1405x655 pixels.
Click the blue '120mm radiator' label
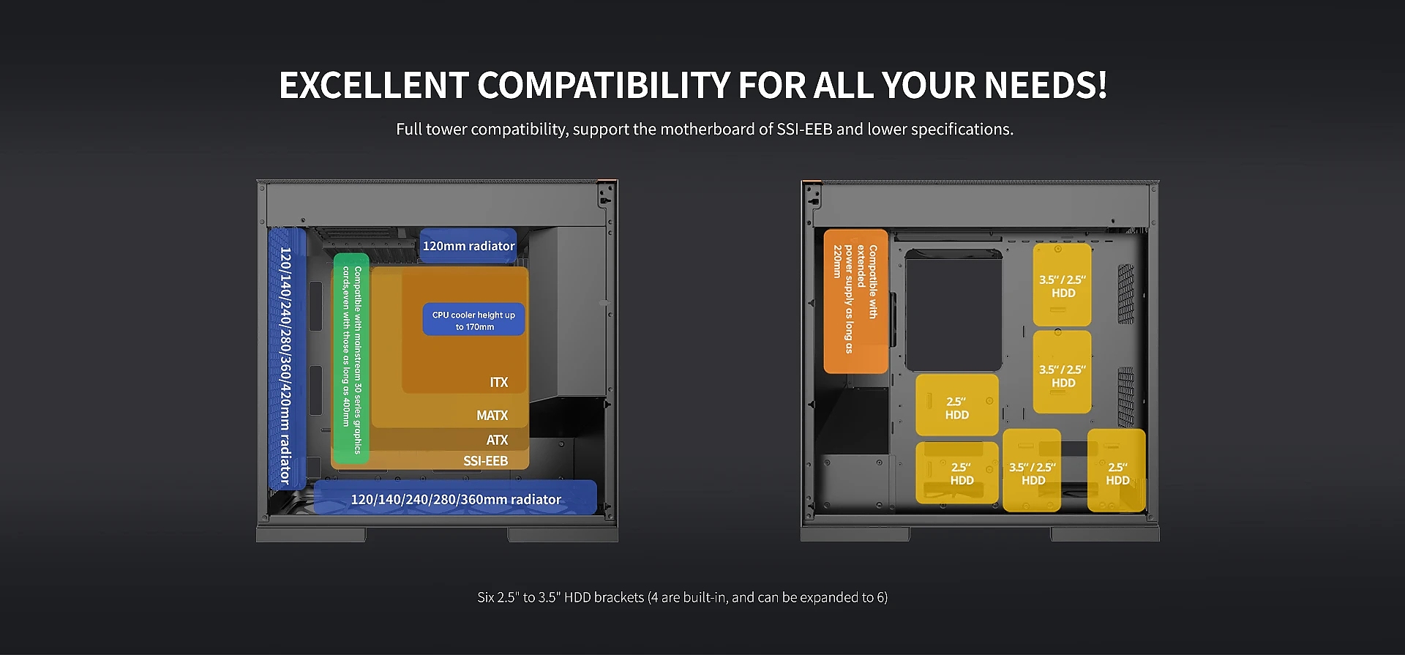coord(468,246)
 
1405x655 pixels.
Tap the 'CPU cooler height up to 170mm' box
coord(473,320)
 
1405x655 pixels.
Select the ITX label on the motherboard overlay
coord(498,383)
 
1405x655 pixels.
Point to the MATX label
coord(492,416)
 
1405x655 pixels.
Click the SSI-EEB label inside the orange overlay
coord(485,461)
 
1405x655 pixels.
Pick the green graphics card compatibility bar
coord(351,358)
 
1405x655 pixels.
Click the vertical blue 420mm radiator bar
coord(286,358)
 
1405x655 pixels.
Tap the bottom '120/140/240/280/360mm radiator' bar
coord(455,498)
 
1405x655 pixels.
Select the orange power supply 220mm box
coord(855,302)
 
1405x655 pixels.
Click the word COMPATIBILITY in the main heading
coord(604,85)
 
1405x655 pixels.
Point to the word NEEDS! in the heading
coord(1046,85)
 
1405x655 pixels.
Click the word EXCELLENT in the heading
coord(374,85)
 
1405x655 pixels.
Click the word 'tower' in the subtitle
coord(446,130)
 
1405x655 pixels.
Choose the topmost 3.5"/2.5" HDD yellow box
coord(1062,285)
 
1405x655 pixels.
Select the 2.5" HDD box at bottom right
coord(1117,471)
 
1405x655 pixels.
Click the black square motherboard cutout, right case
coord(953,310)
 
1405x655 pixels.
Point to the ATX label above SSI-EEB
coord(497,440)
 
